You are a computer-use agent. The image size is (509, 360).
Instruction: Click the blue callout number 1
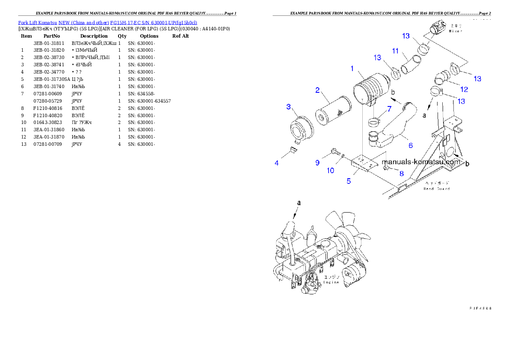click(352, 68)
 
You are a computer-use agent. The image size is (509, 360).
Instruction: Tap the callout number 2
click(318, 90)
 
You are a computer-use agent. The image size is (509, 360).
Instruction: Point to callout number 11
click(396, 51)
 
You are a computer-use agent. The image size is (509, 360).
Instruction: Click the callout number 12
click(464, 89)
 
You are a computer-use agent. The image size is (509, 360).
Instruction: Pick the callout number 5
click(349, 181)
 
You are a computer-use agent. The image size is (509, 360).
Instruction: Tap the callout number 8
click(401, 173)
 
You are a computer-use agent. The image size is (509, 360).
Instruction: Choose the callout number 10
click(331, 171)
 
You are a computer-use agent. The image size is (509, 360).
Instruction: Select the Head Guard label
click(437, 189)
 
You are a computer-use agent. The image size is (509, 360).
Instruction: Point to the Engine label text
click(331, 282)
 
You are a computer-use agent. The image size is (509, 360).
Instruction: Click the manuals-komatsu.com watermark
click(421, 162)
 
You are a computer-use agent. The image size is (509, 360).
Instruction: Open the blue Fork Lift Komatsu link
click(107, 23)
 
